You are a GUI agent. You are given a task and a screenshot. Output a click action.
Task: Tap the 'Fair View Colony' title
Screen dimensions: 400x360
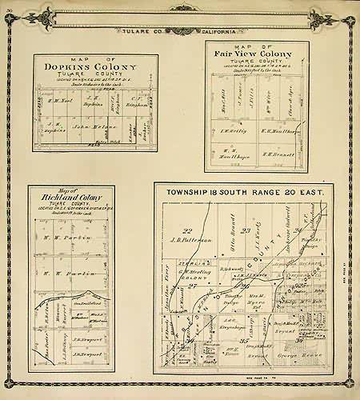pos(252,54)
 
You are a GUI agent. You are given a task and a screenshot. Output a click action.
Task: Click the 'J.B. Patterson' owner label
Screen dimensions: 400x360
pos(190,238)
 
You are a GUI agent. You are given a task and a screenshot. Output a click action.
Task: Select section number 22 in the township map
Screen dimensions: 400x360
pos(186,230)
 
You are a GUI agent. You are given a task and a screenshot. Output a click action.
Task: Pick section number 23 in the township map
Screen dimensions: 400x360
pos(247,231)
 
